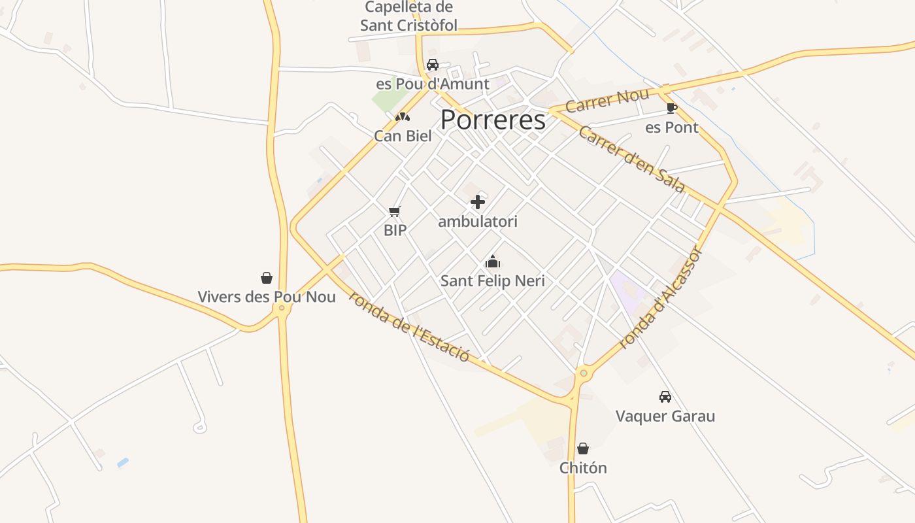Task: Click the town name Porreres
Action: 493,120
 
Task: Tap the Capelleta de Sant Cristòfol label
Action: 409,17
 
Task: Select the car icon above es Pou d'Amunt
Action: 433,65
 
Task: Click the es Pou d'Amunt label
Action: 433,84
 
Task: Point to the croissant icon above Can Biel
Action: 403,117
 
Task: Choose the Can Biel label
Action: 403,136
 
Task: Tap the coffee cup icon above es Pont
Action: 671,108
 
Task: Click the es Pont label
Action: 672,127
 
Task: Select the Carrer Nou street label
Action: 607,100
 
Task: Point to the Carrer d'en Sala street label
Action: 631,160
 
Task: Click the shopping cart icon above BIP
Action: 394,211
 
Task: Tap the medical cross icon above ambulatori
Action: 478,202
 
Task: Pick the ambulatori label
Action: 478,222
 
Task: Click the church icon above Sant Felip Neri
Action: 493,262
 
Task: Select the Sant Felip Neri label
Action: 493,281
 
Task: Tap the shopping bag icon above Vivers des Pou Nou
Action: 267,278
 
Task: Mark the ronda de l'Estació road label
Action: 410,326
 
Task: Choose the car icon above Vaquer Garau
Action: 665,397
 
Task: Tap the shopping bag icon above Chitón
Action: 583,448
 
